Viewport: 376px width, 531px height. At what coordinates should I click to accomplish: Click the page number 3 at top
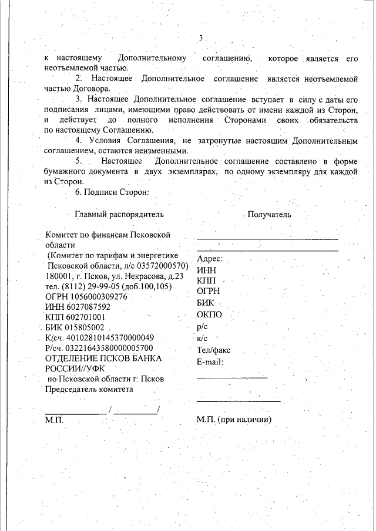click(x=200, y=38)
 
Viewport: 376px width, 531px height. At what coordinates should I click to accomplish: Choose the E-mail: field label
click(x=210, y=361)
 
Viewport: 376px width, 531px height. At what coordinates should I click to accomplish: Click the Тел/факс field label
click(x=214, y=350)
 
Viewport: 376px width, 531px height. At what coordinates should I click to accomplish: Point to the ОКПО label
click(x=209, y=315)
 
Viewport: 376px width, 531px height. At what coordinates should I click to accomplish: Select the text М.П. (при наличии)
click(x=234, y=420)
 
